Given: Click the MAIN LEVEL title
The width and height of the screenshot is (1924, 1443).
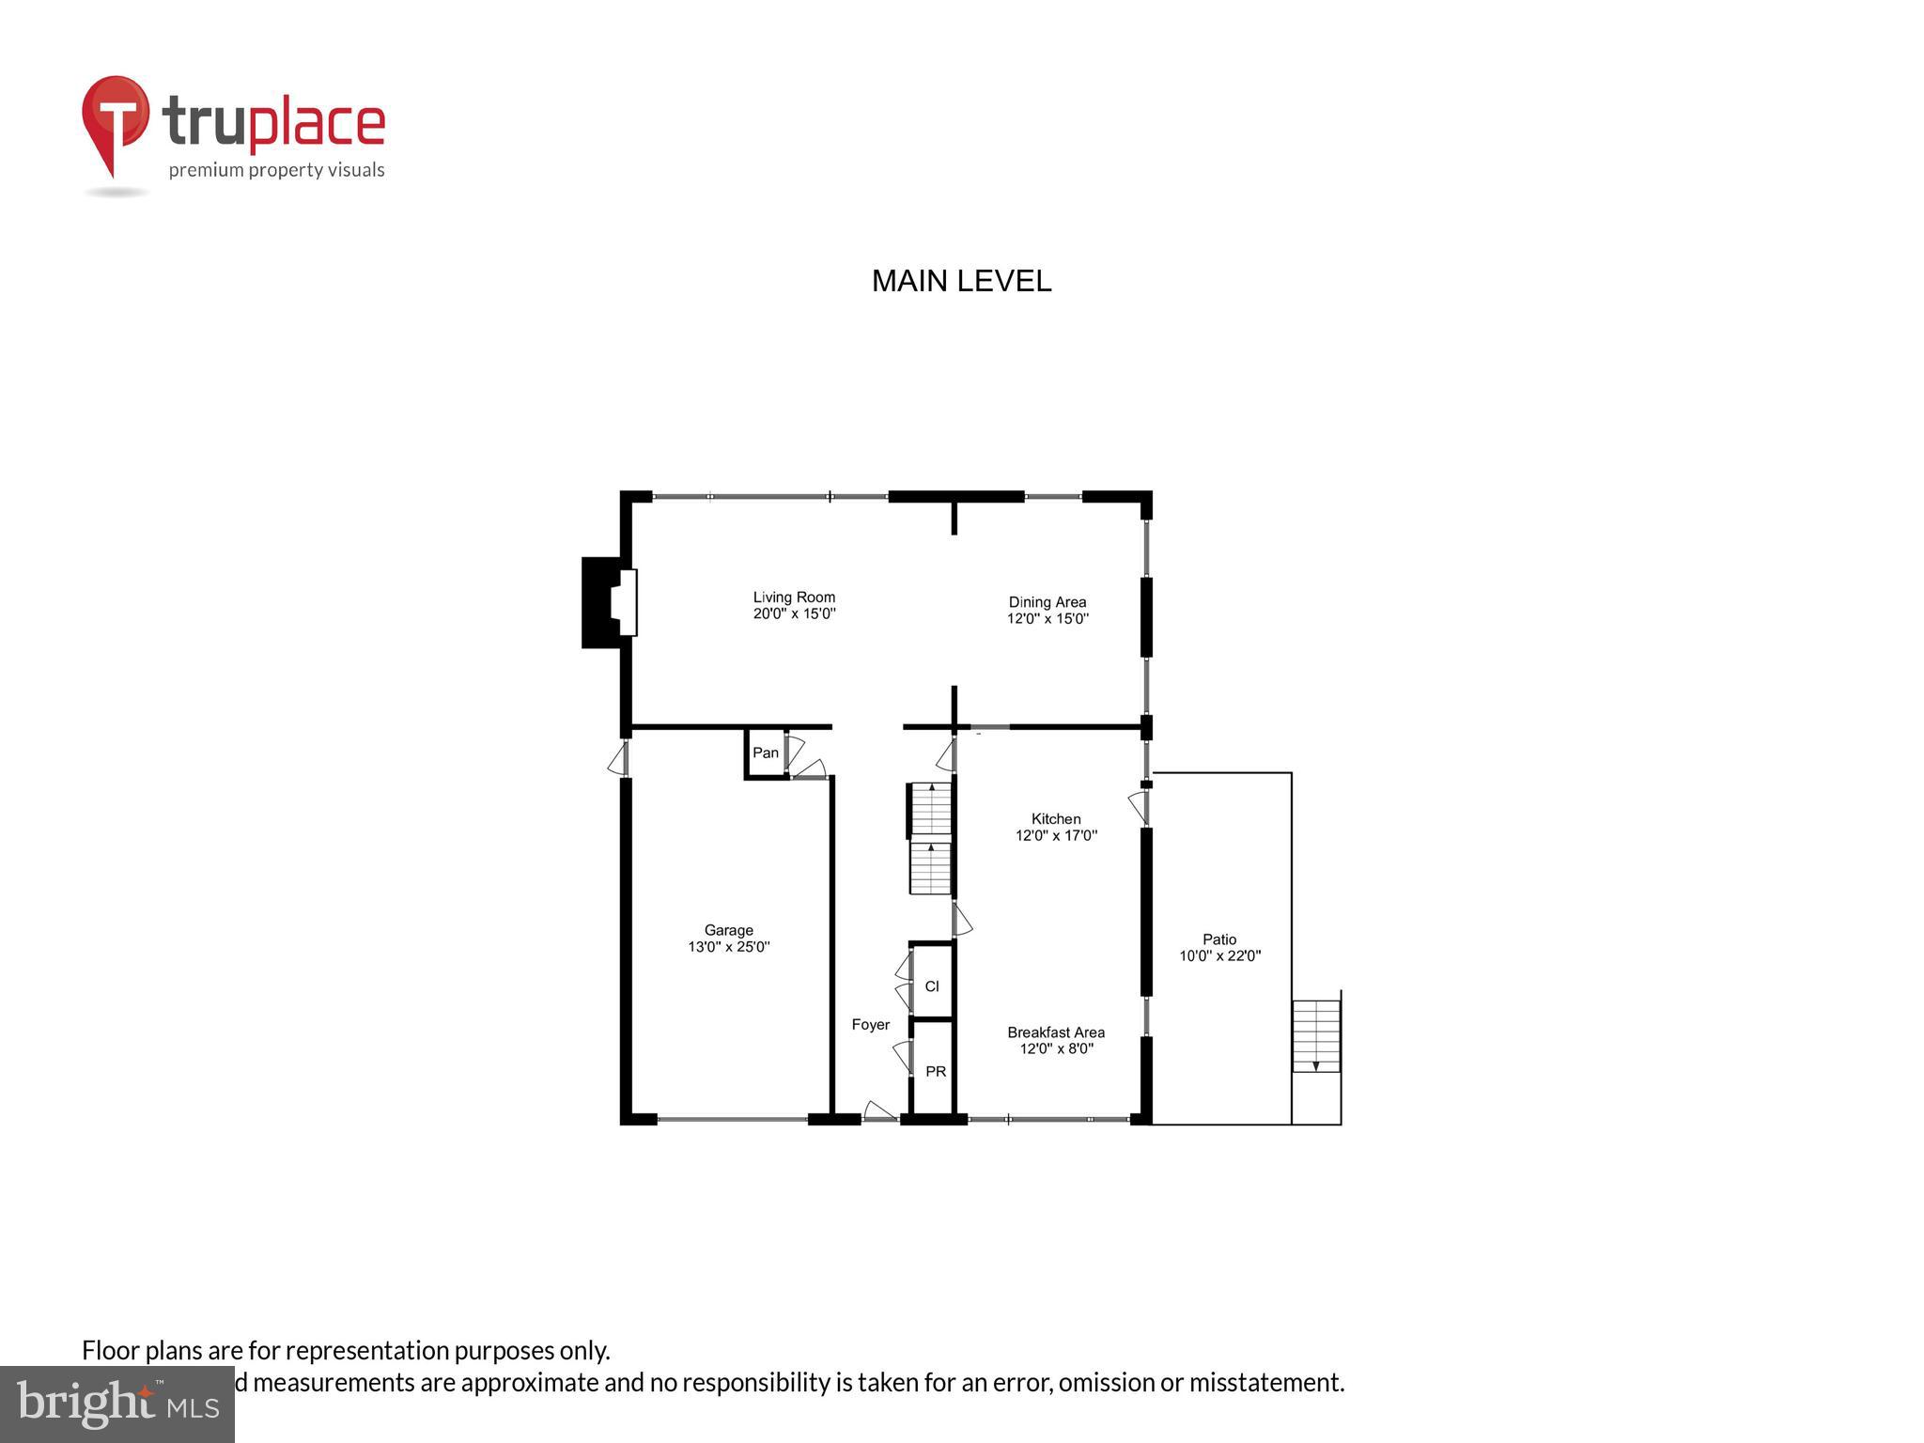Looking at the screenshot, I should [x=961, y=281].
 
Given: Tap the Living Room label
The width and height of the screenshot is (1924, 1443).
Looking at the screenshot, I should [x=794, y=597].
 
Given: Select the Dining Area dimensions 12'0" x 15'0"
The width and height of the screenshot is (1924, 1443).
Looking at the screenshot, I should [x=1047, y=619].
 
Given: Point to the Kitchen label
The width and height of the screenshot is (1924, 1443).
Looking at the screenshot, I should [x=1056, y=819].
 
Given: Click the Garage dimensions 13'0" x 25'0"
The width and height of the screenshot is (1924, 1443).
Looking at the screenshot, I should [x=729, y=947].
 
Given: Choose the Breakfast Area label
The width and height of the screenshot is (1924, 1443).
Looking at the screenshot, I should [x=1056, y=1032].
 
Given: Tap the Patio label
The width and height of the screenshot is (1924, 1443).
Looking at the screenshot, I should [x=1219, y=939].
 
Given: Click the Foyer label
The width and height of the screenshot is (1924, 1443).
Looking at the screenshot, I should [x=870, y=1025].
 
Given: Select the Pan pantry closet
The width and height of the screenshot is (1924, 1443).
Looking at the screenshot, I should [x=766, y=753].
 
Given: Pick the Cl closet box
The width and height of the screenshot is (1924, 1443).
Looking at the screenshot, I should [x=932, y=985].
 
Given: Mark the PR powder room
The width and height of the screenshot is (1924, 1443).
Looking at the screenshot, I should [x=936, y=1071].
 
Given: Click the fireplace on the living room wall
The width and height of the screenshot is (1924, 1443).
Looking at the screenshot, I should [x=608, y=602].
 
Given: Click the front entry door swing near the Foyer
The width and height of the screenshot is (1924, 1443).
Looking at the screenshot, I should [x=879, y=1112].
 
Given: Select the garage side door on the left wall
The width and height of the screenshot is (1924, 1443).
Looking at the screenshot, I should [x=618, y=759].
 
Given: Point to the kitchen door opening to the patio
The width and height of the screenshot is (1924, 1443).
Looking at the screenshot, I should [x=1139, y=807].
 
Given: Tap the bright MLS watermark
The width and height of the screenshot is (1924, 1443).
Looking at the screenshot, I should [x=117, y=1404].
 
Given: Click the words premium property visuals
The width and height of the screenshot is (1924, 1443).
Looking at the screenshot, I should [x=276, y=171].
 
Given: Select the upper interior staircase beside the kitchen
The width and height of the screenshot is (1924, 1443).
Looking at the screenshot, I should [x=931, y=808].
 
